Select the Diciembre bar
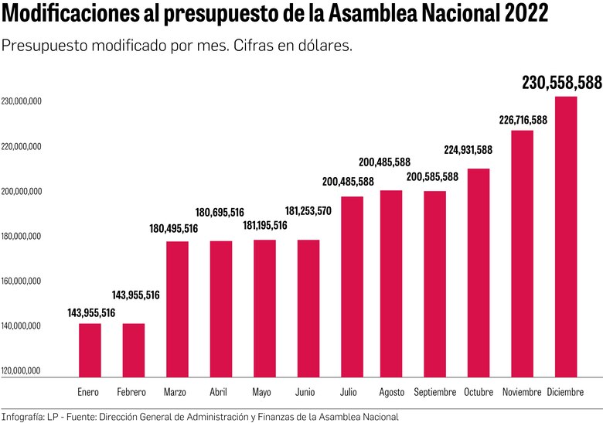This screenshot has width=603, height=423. click(x=565, y=237)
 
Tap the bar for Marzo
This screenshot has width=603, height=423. click(x=177, y=309)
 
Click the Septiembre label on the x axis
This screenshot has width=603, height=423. click(x=435, y=393)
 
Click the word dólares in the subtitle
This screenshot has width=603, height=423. click(x=325, y=46)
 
